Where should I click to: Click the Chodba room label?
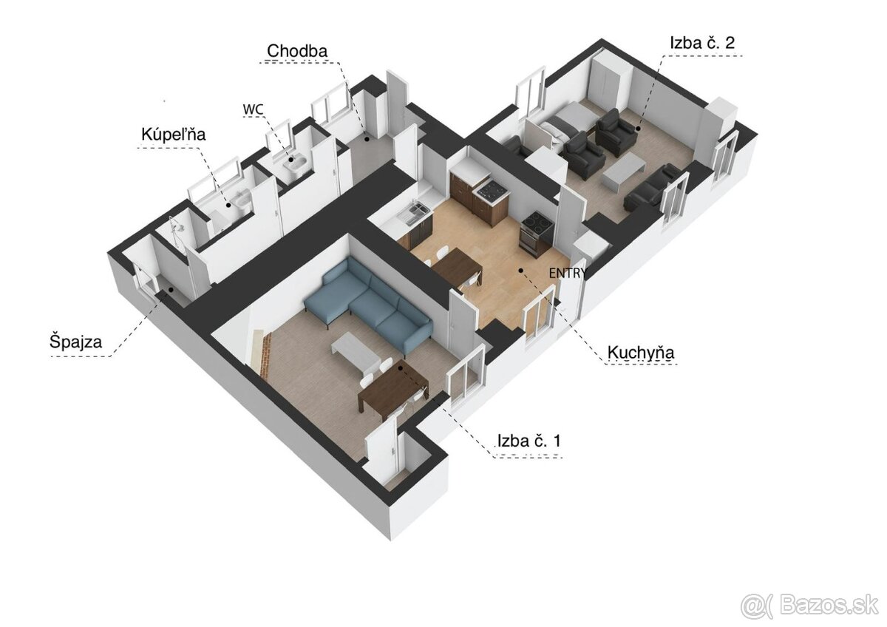click(297, 51)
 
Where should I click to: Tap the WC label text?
click(253, 109)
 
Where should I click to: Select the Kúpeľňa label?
click(173, 135)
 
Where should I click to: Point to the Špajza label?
click(75, 342)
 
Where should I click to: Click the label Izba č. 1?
click(529, 441)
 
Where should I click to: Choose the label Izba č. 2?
click(702, 43)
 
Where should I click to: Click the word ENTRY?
click(568, 273)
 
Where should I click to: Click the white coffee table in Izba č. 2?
click(622, 172)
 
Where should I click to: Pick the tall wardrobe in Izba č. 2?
click(608, 85)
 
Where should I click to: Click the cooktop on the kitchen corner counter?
click(492, 193)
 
